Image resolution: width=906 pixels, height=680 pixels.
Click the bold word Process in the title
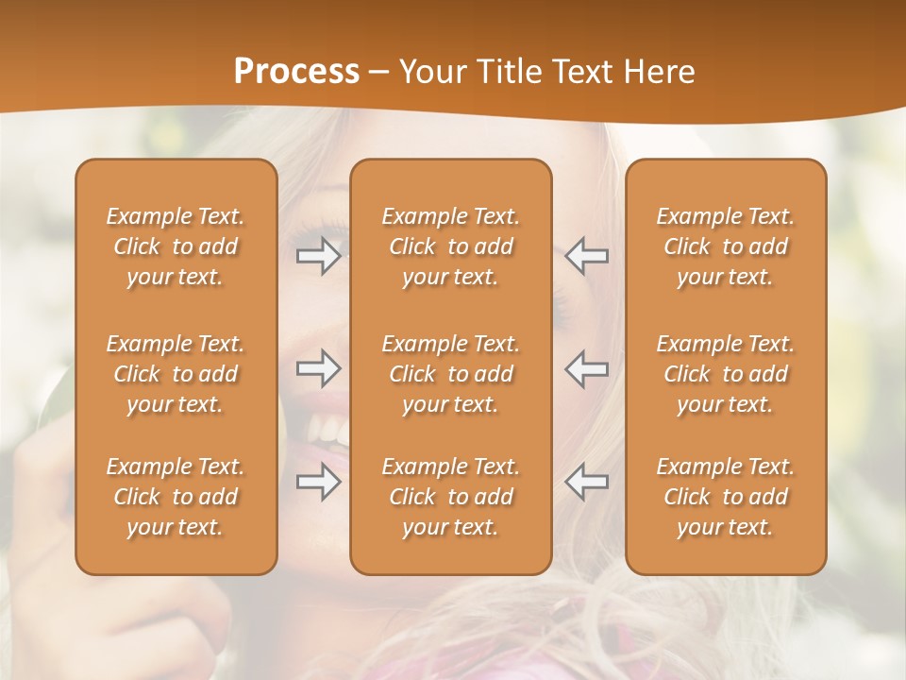pyautogui.click(x=296, y=72)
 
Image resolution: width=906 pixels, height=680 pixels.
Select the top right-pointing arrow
pyautogui.click(x=318, y=255)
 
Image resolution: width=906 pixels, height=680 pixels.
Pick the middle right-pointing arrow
pyautogui.click(x=318, y=367)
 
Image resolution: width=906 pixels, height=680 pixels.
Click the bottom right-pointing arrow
pyautogui.click(x=318, y=482)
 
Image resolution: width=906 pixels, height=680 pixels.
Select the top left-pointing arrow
pyautogui.click(x=587, y=255)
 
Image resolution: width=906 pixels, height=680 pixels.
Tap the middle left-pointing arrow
pyautogui.click(x=587, y=367)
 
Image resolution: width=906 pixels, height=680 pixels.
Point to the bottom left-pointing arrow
pyautogui.click(x=587, y=482)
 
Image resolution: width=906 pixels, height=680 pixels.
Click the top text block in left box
pyautogui.click(x=176, y=246)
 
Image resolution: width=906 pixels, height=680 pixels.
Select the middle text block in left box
pyautogui.click(x=176, y=374)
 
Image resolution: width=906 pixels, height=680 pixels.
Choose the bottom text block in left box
pyautogui.click(x=176, y=497)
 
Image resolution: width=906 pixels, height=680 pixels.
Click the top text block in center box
pyautogui.click(x=450, y=246)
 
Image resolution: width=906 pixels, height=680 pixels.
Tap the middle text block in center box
pyautogui.click(x=450, y=374)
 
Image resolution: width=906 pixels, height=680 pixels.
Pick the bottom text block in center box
pyautogui.click(x=450, y=497)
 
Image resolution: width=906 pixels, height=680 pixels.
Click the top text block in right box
pyautogui.click(x=725, y=246)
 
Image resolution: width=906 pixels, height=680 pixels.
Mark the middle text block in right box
pyautogui.click(x=725, y=374)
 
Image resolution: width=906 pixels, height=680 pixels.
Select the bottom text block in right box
pyautogui.click(x=725, y=497)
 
